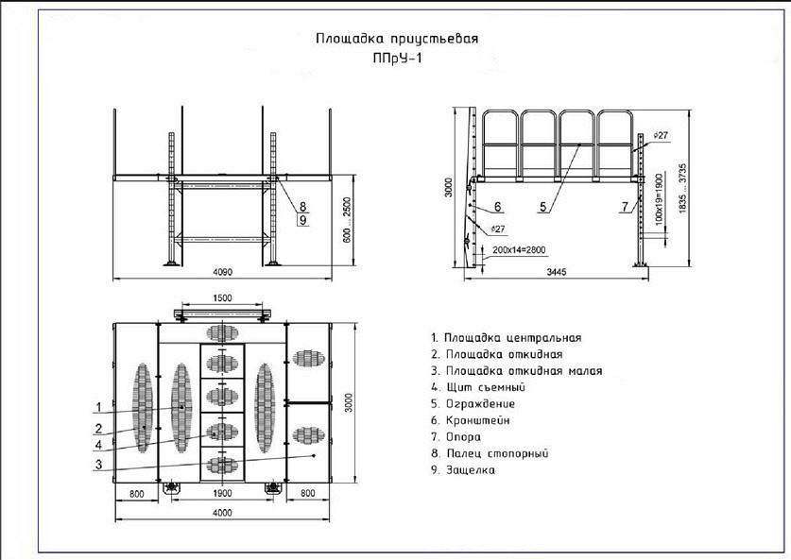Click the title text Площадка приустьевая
tap(397, 39)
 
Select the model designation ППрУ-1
tap(398, 59)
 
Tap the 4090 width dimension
tap(222, 272)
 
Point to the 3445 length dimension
tap(557, 272)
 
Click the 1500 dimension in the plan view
tap(222, 297)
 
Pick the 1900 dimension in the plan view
tap(222, 494)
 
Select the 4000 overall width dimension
tap(222, 513)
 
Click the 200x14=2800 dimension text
tap(519, 250)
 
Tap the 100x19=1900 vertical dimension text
tap(659, 199)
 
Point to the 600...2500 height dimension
tap(347, 220)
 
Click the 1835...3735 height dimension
tap(683, 188)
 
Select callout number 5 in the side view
tap(542, 207)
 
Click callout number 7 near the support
tap(626, 206)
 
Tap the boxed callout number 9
tap(302, 220)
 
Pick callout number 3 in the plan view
tap(99, 465)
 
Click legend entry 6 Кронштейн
tap(471, 420)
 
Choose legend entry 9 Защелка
tap(463, 470)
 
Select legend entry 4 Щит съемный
tap(478, 387)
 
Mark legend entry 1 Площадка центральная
tap(507, 338)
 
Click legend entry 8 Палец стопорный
tap(490, 453)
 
